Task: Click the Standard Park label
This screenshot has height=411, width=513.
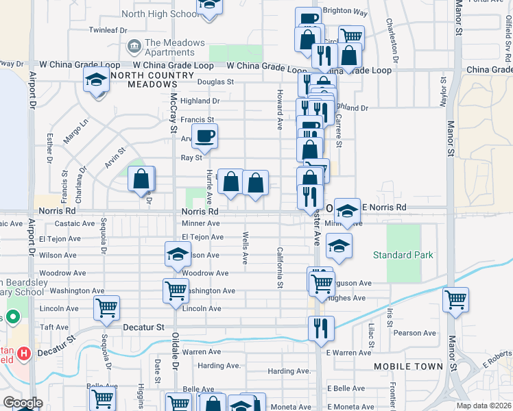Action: pos(403,256)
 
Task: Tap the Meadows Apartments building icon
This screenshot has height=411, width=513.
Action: pos(134,47)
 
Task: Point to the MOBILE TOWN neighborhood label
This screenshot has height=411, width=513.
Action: pos(409,366)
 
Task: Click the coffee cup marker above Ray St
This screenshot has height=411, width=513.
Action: pos(204,136)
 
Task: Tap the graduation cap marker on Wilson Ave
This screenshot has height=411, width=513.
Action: pos(178,254)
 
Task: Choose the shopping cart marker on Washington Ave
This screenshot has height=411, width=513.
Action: pos(176,290)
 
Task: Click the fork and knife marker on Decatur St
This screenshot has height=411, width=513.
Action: pos(321,329)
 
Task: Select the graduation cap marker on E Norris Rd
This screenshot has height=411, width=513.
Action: pos(347,211)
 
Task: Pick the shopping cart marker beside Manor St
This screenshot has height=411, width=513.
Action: pos(455,300)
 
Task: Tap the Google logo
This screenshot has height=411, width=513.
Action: pos(23,403)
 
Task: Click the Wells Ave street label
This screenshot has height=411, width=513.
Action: pos(245,248)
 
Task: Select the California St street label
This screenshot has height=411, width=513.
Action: pos(280,266)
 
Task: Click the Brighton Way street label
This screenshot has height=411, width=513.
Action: pos(345,12)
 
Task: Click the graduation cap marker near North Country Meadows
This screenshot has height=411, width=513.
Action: pos(96,81)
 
